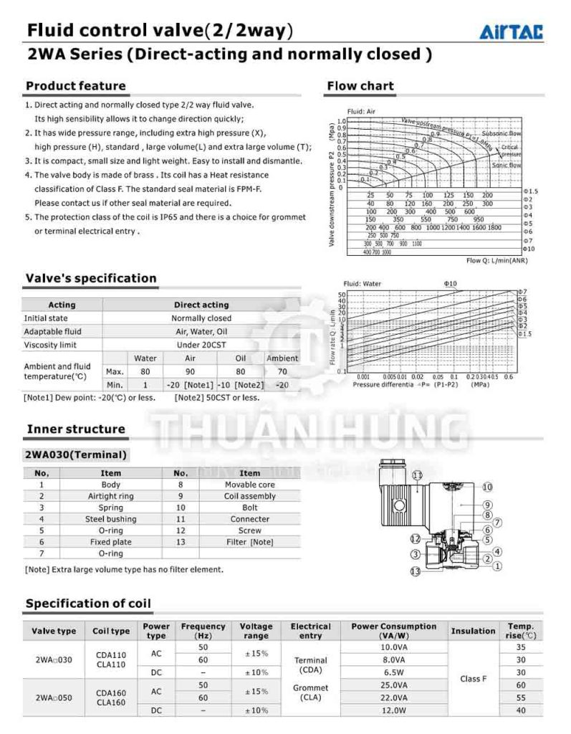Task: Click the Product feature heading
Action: [x=75, y=86]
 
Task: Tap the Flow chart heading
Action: [x=360, y=86]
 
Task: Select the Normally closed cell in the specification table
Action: [x=201, y=318]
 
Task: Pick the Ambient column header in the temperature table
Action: [x=282, y=358]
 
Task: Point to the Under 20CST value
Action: [x=201, y=345]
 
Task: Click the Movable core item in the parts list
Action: [x=249, y=485]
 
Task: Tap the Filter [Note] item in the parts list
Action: [x=249, y=542]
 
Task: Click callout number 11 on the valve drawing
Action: [x=418, y=475]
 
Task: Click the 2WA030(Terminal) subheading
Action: [x=76, y=454]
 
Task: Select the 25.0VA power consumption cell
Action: [x=393, y=685]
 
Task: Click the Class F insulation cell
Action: [x=473, y=678]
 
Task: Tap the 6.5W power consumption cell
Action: [x=393, y=672]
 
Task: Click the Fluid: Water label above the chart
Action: [x=362, y=284]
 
